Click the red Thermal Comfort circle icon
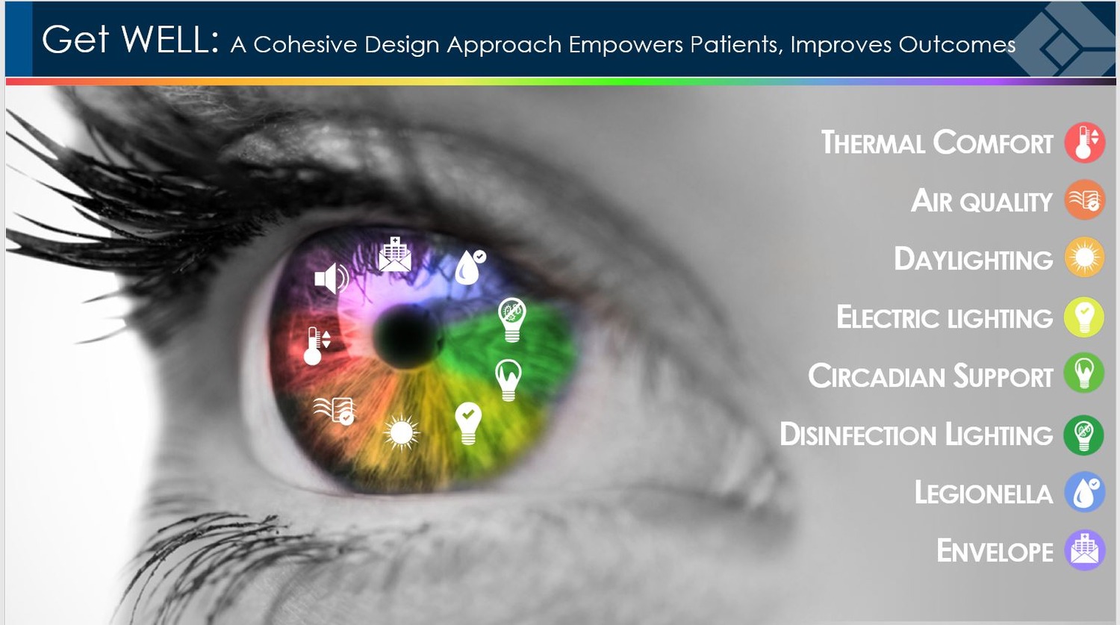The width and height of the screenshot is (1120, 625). tap(1084, 143)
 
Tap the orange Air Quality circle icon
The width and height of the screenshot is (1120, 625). tap(1084, 200)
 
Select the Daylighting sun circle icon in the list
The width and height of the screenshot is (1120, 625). tap(1084, 258)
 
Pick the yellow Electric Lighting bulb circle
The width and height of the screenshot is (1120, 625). tap(1084, 317)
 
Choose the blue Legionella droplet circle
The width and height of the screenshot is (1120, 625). tap(1084, 492)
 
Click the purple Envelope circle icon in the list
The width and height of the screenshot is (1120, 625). tap(1084, 550)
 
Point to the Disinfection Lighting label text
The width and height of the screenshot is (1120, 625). tap(916, 434)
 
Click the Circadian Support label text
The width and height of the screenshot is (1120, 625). tap(930, 376)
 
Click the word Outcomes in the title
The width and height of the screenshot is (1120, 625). tap(957, 45)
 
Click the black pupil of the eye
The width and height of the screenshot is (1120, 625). tap(408, 337)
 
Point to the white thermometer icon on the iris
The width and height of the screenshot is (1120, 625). tap(317, 346)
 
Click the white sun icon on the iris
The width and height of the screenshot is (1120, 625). tap(401, 432)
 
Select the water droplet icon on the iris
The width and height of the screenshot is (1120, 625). tap(470, 267)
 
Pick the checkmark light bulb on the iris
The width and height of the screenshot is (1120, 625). tap(468, 423)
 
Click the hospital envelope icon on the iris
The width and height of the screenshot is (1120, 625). tap(395, 254)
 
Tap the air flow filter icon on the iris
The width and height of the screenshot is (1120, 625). tap(335, 411)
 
